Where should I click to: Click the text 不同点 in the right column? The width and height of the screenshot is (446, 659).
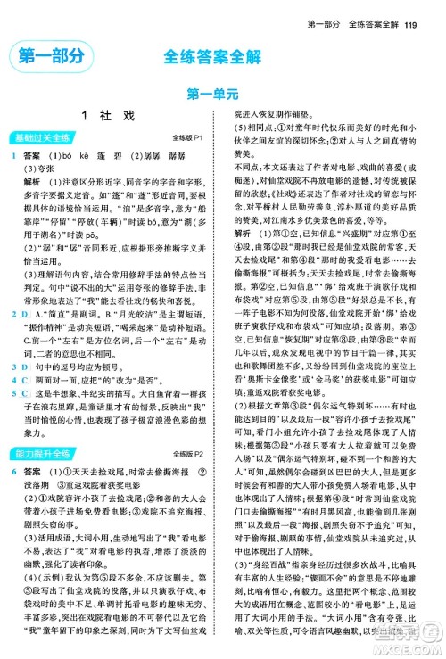pyautogui.click(x=248, y=165)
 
